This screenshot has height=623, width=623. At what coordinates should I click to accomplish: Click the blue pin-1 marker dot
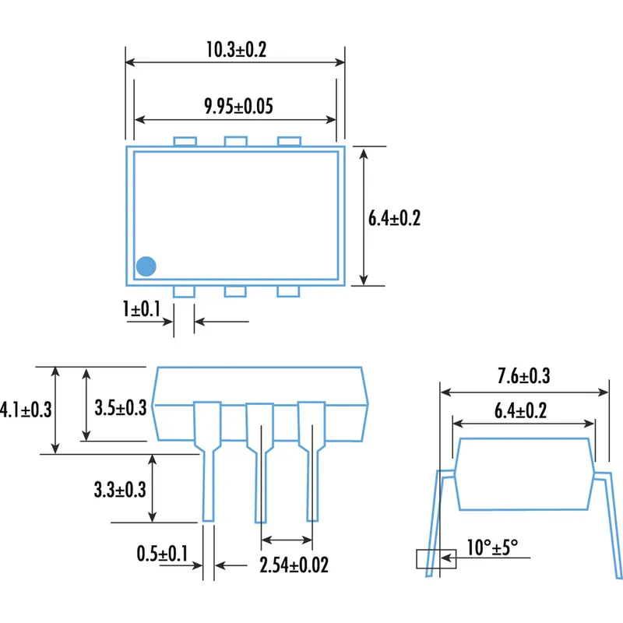click(146, 266)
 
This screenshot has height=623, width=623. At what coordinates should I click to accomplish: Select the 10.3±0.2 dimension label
click(236, 50)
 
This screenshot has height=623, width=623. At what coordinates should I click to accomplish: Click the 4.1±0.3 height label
click(26, 409)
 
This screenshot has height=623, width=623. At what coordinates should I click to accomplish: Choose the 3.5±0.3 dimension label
click(120, 407)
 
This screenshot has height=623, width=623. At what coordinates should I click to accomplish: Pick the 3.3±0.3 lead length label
click(120, 490)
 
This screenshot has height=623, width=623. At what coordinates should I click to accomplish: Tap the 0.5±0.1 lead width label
click(162, 554)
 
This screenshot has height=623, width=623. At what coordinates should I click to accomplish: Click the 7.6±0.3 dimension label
click(524, 376)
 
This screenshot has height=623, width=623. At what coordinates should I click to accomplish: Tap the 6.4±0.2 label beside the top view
click(394, 219)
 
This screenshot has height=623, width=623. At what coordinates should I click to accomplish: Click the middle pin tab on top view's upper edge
click(235, 141)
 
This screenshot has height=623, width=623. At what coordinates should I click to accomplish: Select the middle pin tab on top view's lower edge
click(235, 291)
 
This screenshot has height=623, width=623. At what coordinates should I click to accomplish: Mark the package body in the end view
click(523, 473)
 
